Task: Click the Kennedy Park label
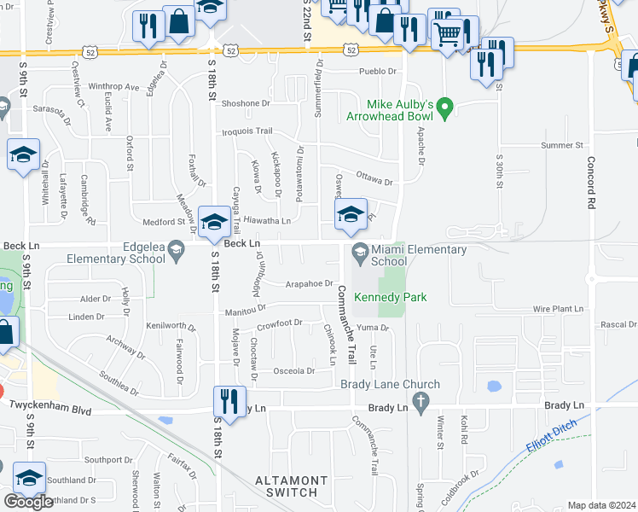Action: pyautogui.click(x=390, y=298)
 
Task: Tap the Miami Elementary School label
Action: pyautogui.click(x=419, y=255)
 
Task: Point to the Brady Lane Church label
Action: pyautogui.click(x=390, y=385)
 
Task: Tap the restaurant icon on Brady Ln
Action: pyautogui.click(x=229, y=400)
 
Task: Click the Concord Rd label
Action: pyautogui.click(x=589, y=183)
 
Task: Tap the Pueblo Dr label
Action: pyautogui.click(x=380, y=72)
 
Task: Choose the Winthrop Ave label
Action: pyautogui.click(x=113, y=87)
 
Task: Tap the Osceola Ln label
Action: pyautogui.click(x=295, y=371)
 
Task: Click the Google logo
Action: pyautogui.click(x=28, y=502)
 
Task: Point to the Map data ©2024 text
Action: pyautogui.click(x=601, y=505)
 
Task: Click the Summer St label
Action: pyautogui.click(x=560, y=146)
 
